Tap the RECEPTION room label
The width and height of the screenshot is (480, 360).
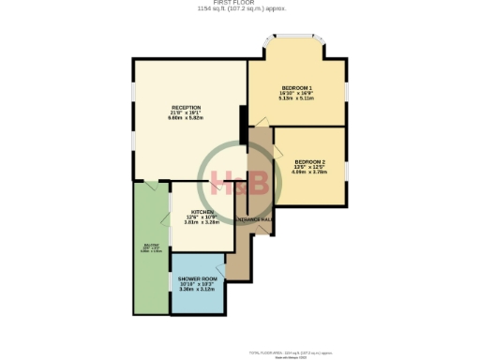(x=187, y=107)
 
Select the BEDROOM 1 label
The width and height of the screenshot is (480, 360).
(x=296, y=87)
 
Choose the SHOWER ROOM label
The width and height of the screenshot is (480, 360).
(x=198, y=278)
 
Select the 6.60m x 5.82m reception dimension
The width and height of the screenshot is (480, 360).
(x=187, y=118)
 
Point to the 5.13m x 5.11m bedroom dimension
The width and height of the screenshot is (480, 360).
(x=296, y=98)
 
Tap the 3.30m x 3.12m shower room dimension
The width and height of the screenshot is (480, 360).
(x=198, y=289)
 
